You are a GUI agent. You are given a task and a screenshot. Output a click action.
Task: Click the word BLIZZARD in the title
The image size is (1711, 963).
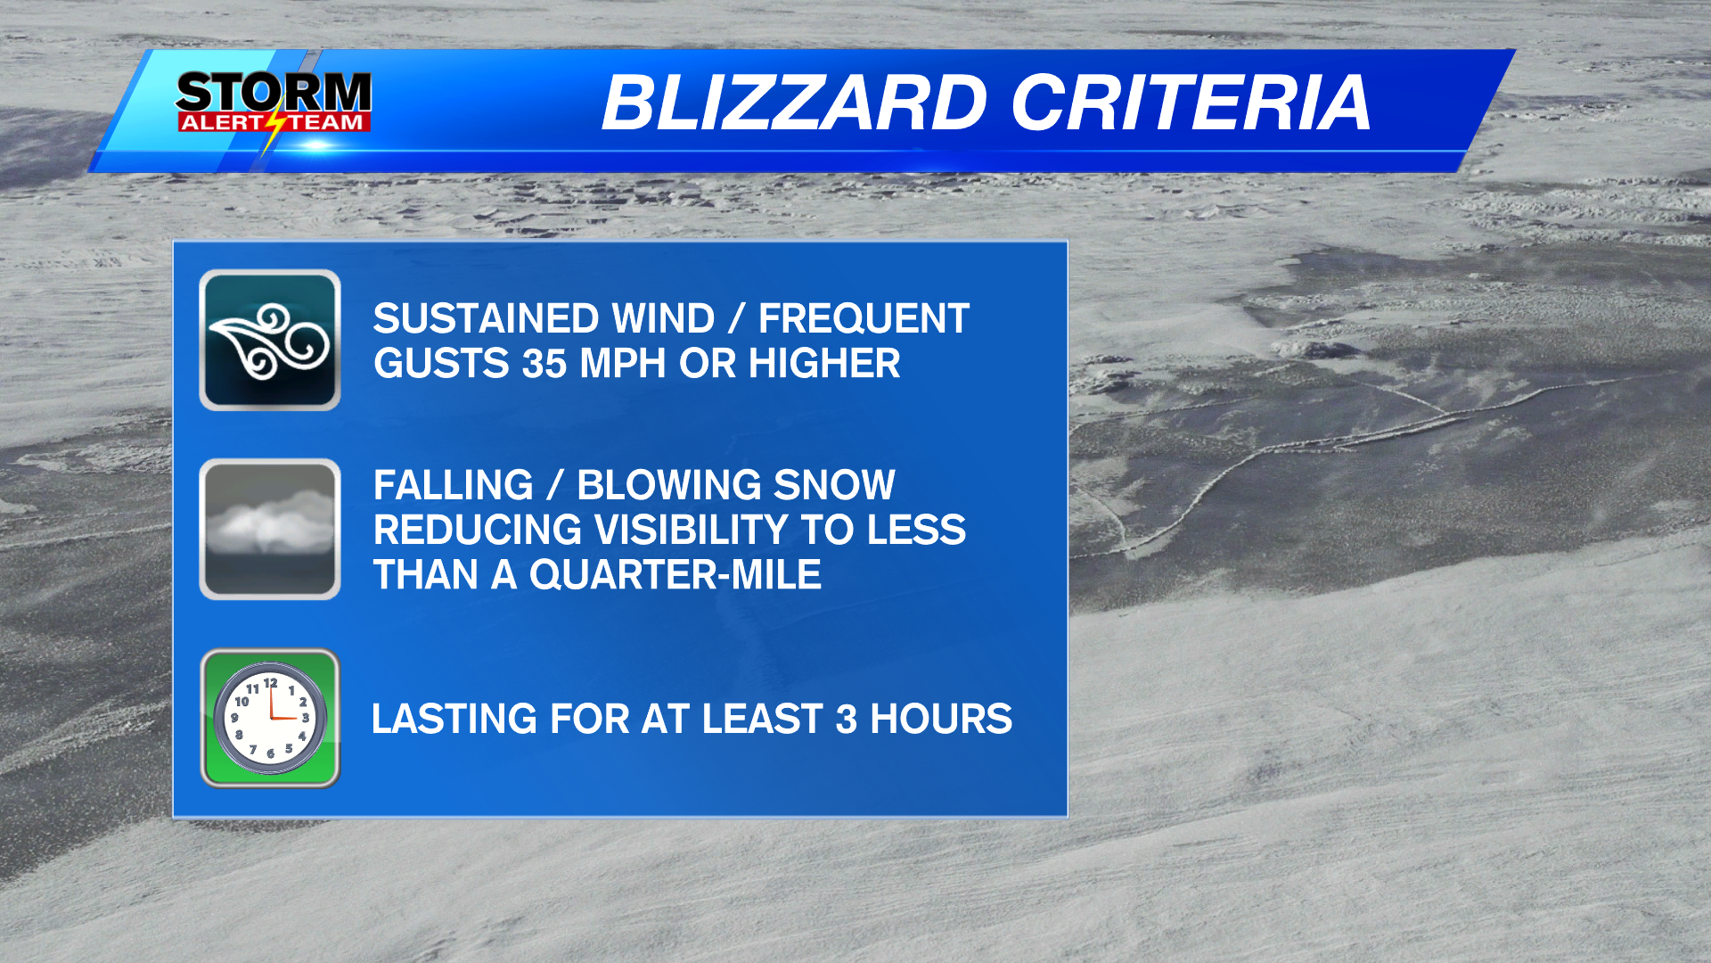point(794,103)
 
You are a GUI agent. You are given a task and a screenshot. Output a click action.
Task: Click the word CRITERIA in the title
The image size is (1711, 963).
point(1191,103)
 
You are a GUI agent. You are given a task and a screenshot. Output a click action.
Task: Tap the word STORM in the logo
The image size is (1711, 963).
point(274,93)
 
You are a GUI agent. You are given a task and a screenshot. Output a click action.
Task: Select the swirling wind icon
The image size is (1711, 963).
point(270,341)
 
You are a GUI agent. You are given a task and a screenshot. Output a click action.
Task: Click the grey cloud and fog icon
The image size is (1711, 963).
point(270,530)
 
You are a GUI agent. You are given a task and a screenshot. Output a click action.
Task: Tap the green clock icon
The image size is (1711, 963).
point(270,719)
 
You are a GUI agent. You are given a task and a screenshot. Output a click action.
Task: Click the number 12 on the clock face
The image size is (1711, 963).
point(271,684)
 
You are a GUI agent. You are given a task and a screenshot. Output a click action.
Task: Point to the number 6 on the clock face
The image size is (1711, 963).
point(270,753)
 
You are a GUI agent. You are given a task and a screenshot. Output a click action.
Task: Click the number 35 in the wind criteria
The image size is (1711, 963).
point(544,364)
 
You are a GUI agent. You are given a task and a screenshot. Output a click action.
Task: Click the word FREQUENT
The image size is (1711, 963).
point(864,319)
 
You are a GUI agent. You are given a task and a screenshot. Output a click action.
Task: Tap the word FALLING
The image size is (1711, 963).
point(453,486)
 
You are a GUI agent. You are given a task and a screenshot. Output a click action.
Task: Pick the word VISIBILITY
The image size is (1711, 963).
point(690,531)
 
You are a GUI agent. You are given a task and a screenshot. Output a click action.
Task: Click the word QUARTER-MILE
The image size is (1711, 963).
point(675,575)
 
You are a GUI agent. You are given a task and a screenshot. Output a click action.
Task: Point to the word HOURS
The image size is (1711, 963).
point(941,720)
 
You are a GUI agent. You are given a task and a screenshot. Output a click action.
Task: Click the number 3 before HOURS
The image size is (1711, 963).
point(846,720)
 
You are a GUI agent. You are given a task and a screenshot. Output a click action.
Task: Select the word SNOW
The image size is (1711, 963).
point(834,486)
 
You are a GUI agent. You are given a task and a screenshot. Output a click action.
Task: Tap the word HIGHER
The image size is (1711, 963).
point(824,364)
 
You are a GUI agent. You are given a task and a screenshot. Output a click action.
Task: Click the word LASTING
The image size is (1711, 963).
point(454,720)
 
